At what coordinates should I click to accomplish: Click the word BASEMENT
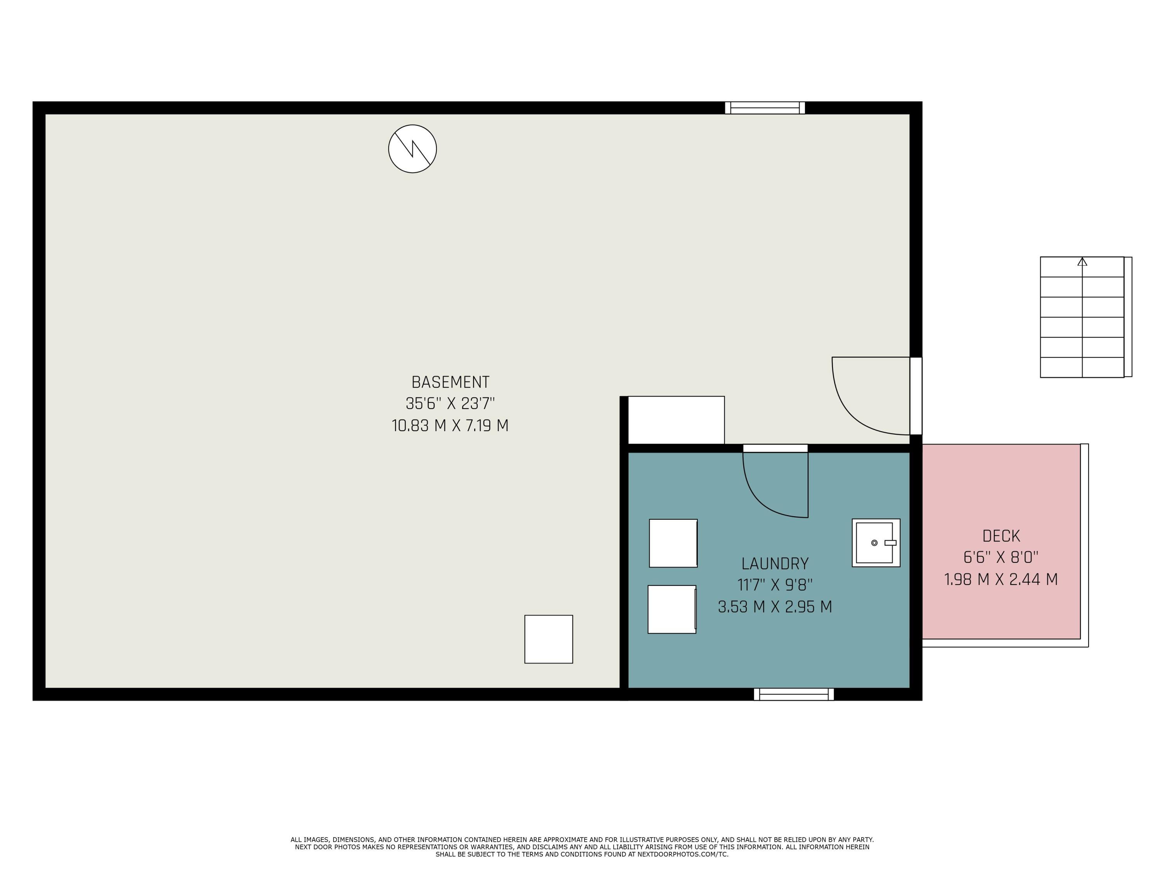pyautogui.click(x=450, y=382)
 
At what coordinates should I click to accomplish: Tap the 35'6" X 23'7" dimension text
pyautogui.click(x=450, y=404)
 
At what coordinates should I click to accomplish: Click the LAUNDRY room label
pyautogui.click(x=775, y=564)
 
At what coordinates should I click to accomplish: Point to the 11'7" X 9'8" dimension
pyautogui.click(x=775, y=585)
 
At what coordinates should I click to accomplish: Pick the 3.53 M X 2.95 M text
pyautogui.click(x=775, y=607)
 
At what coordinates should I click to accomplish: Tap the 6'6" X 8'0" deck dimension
pyautogui.click(x=1001, y=557)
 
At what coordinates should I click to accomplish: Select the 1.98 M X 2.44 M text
pyautogui.click(x=1001, y=580)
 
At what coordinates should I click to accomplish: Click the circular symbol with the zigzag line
pyautogui.click(x=412, y=148)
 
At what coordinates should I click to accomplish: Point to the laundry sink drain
pyautogui.click(x=874, y=543)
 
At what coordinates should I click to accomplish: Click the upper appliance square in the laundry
pyautogui.click(x=673, y=543)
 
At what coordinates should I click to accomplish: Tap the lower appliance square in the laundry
pyautogui.click(x=672, y=609)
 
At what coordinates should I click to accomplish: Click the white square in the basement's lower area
pyautogui.click(x=548, y=639)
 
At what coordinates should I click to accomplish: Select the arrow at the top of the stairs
pyautogui.click(x=1082, y=261)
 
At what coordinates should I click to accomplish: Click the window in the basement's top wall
pyautogui.click(x=765, y=108)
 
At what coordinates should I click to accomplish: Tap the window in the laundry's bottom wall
pyautogui.click(x=794, y=695)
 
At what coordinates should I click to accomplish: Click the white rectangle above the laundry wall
pyautogui.click(x=676, y=420)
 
